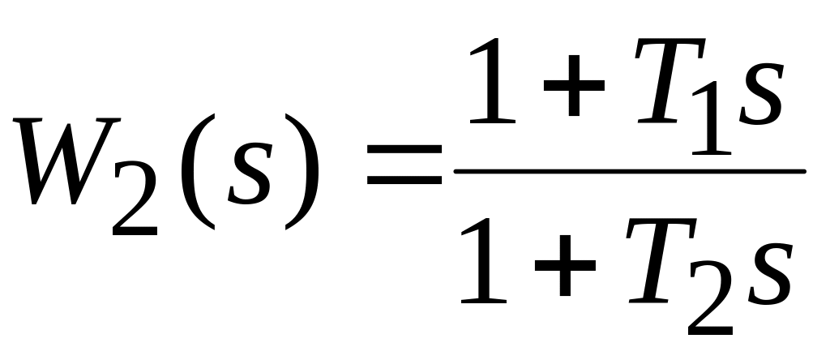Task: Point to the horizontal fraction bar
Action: (x=628, y=171)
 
